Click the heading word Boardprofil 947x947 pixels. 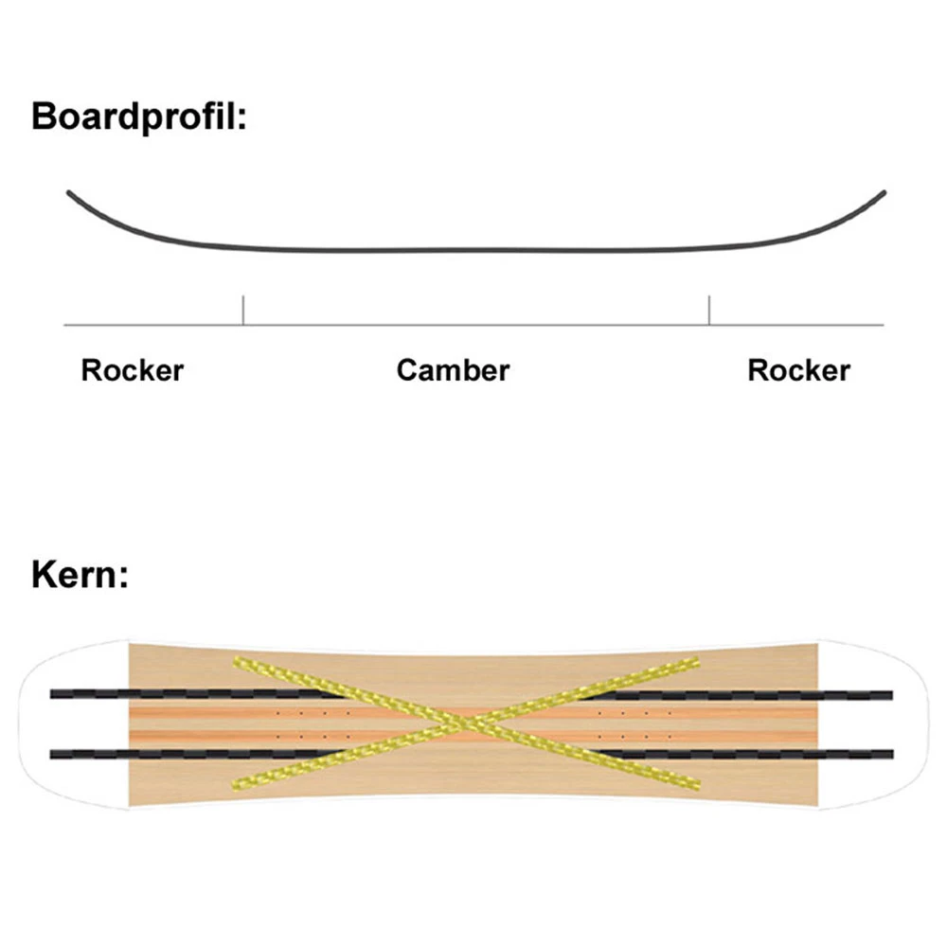click(139, 117)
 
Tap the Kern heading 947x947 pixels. click(80, 575)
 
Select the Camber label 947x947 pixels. click(453, 369)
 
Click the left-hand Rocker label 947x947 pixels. click(132, 369)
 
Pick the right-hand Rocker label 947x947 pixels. click(798, 369)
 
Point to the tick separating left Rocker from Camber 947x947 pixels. click(243, 311)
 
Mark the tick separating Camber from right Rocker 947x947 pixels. click(708, 311)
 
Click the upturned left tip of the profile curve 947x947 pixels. click(69, 193)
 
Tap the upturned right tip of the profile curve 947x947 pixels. click(883, 193)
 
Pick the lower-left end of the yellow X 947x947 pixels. click(238, 785)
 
